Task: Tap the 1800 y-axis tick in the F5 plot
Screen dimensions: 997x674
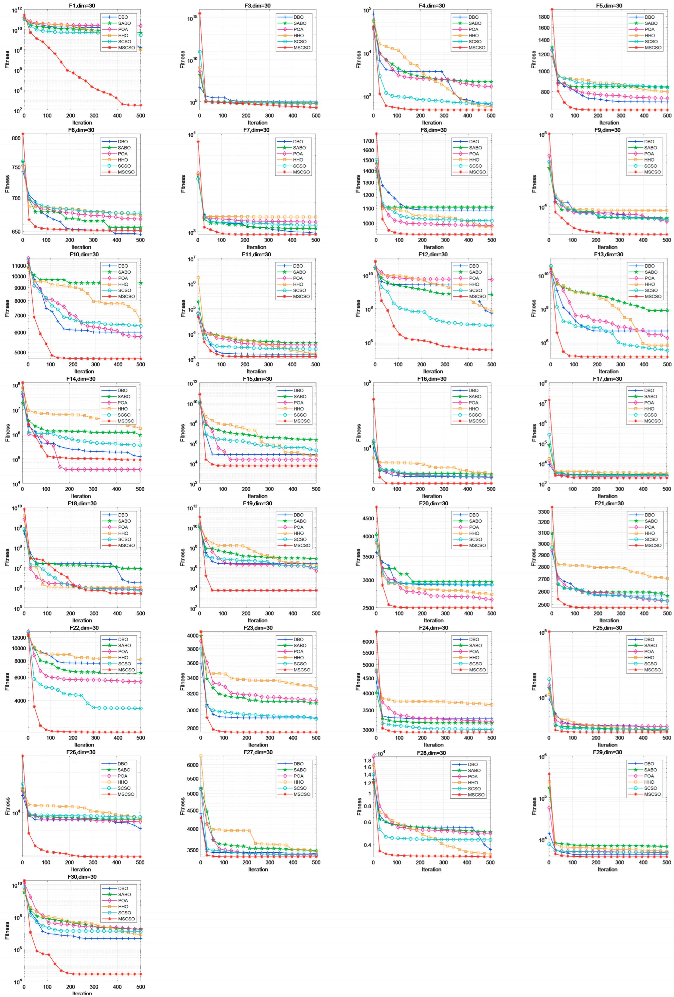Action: click(x=544, y=17)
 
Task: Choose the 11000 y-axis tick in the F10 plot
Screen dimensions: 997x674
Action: click(x=19, y=266)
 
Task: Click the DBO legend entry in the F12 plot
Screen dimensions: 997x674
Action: click(x=474, y=266)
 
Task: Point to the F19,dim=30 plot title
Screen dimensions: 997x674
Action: click(x=257, y=503)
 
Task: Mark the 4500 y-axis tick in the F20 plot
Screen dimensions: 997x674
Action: click(x=368, y=518)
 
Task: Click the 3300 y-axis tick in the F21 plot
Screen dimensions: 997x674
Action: click(x=543, y=512)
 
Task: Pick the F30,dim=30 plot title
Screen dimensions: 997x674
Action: click(x=82, y=877)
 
